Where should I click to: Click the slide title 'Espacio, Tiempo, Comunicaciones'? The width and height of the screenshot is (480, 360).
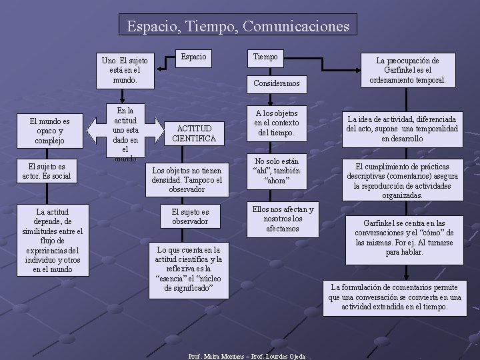pos(238,26)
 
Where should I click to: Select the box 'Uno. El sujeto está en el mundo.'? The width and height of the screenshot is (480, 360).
pos(125,69)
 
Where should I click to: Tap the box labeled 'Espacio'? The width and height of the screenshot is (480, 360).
pos(195,57)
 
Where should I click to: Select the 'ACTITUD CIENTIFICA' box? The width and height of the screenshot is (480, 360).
pos(194,133)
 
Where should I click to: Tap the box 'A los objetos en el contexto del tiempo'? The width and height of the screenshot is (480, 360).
pos(276,123)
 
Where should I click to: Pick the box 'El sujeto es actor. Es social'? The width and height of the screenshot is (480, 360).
pos(49,171)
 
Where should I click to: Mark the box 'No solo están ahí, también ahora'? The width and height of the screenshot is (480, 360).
pos(277,171)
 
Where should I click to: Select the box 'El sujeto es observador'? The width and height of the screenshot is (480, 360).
pos(190,216)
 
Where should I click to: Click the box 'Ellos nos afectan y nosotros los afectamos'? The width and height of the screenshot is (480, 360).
pos(282,219)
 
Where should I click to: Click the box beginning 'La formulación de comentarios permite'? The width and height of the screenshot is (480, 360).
pos(395,297)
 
